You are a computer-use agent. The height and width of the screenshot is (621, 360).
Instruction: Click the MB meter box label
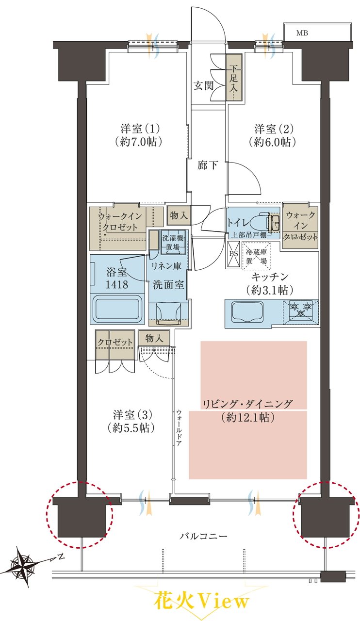coord(302,33)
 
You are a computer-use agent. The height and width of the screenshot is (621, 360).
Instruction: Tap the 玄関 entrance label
coord(203,86)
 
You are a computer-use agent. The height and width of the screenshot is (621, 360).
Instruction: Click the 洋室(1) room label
coord(137,129)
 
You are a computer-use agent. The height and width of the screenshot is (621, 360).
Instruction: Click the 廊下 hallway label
coord(208,165)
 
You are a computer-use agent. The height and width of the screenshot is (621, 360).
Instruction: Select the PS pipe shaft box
coord(233,254)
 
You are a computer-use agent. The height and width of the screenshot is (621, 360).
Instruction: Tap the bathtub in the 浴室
coord(117,309)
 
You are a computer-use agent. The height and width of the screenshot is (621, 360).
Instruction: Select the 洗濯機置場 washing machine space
coord(173,242)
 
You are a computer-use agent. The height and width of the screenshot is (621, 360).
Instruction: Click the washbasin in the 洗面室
coord(168,313)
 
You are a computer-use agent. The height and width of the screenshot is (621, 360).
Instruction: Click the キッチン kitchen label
coord(270,277)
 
